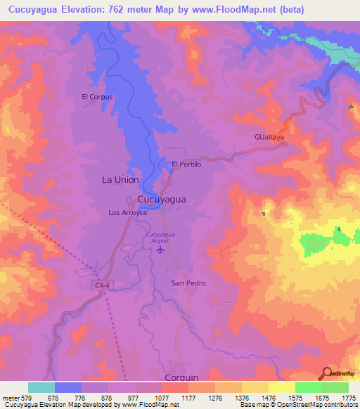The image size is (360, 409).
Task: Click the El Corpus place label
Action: click(97, 97)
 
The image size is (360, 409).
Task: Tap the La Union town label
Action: click(120, 180)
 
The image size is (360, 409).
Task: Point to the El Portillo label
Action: click(187, 164)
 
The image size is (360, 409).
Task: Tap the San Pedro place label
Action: click(188, 283)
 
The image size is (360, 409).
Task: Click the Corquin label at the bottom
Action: click(181, 377)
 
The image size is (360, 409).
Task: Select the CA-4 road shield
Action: click(103, 285)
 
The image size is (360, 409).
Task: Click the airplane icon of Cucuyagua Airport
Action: click(161, 249)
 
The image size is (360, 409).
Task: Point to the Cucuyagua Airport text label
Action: click(160, 237)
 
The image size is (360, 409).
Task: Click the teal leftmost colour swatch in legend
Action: click(41, 387)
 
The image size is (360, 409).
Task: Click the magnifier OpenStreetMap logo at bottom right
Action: click(326, 373)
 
